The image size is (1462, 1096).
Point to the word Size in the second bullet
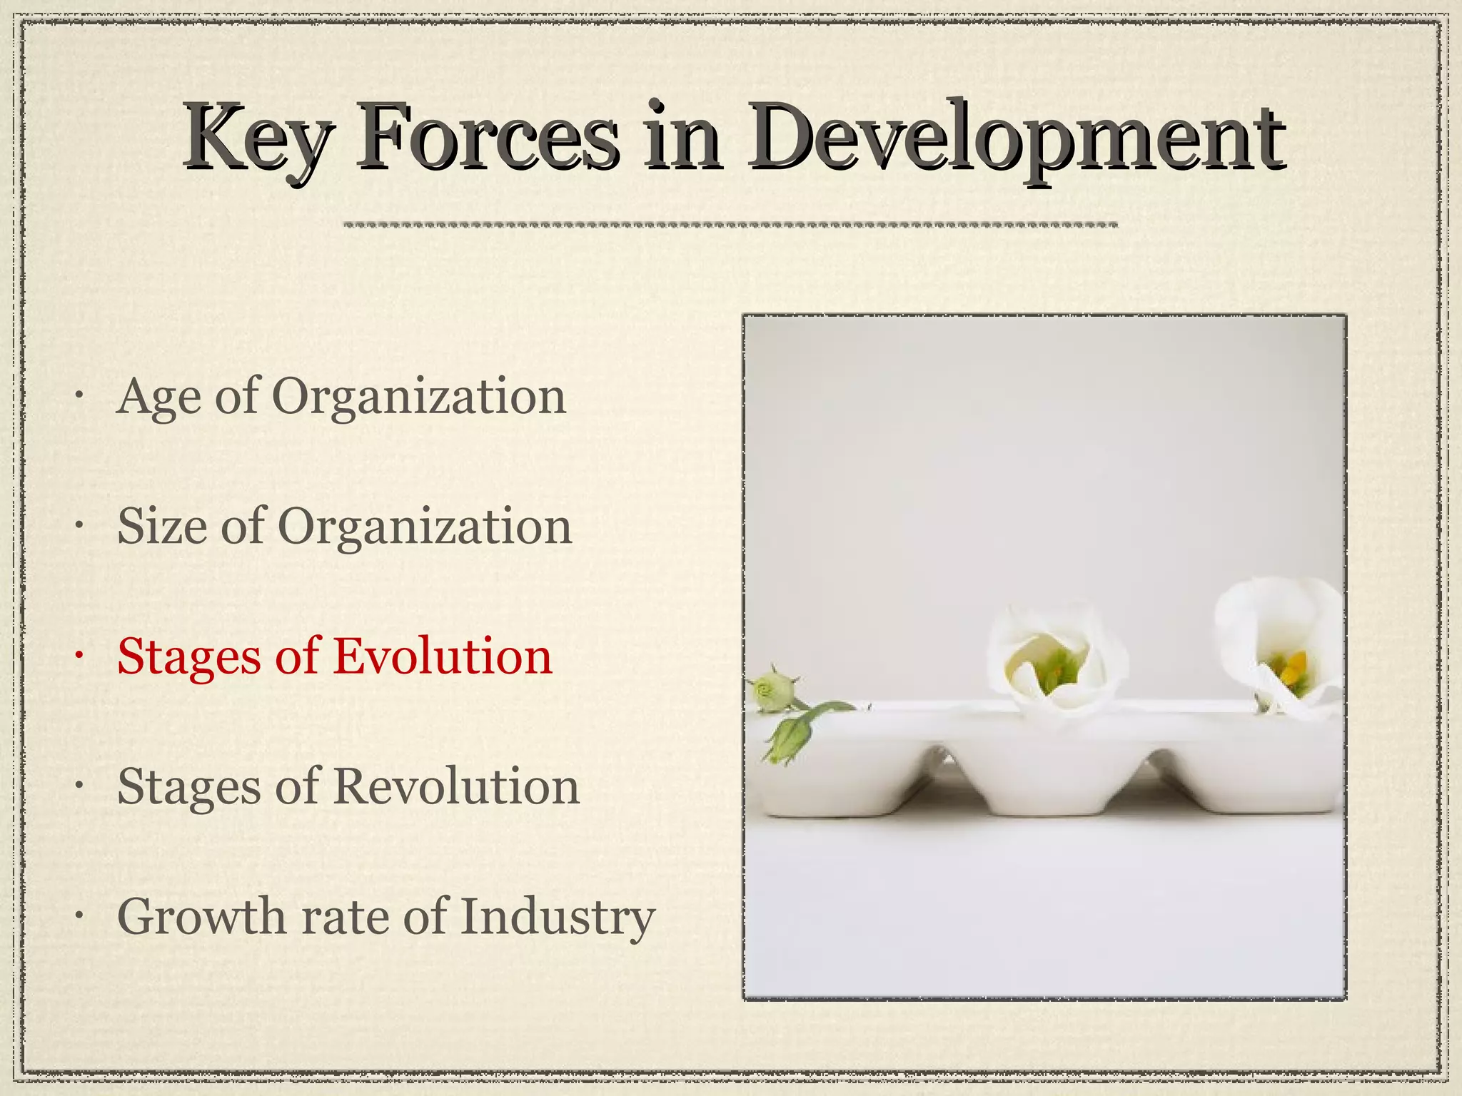[x=161, y=527]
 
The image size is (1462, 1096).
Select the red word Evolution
[x=443, y=656]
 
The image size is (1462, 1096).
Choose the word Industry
[x=558, y=918]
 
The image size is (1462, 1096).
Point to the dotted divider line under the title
[x=730, y=225]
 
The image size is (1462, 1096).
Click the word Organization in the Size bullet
[x=424, y=528]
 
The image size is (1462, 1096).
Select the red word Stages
[x=188, y=658]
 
